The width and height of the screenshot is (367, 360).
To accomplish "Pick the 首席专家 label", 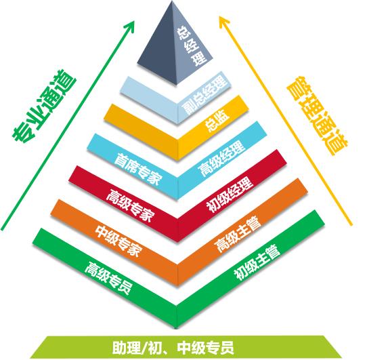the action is tap(138, 169).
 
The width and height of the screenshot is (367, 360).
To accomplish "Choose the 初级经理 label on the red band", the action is tap(230, 195).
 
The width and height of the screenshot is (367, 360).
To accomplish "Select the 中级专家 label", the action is tap(118, 241).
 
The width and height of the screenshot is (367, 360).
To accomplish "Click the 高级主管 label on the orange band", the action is tap(238, 234).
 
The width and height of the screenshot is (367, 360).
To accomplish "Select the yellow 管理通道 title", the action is tap(318, 115).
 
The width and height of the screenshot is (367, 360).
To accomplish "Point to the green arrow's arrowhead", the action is tap(129, 26).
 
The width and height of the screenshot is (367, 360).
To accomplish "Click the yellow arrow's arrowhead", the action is tap(223, 22).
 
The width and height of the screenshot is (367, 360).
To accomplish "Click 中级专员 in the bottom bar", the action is tap(205, 348).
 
